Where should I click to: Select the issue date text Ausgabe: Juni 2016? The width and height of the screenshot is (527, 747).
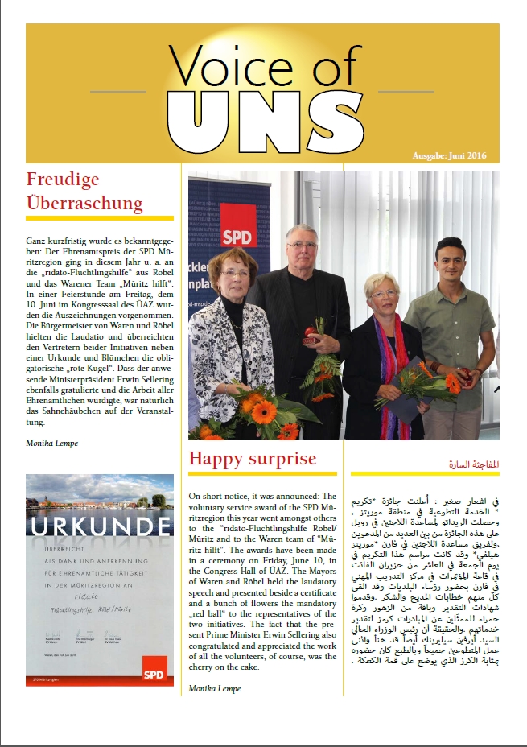tap(449, 155)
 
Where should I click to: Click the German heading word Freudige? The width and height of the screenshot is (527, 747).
tap(61, 178)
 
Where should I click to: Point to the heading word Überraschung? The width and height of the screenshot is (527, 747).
tap(84, 202)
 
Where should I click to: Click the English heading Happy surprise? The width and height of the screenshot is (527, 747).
tap(252, 459)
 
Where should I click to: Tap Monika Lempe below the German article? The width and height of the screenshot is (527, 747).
tap(52, 442)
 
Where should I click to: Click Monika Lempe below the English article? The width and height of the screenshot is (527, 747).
tap(215, 689)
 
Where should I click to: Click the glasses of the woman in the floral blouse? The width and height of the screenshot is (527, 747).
tap(235, 273)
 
